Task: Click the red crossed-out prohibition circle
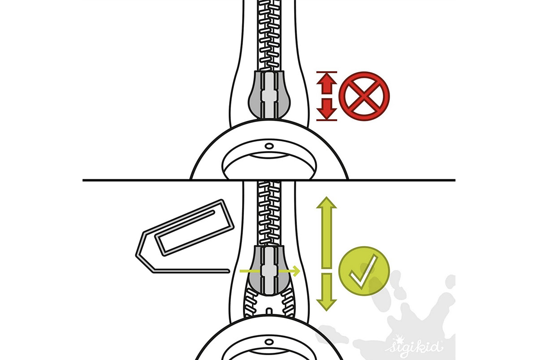click(364, 96)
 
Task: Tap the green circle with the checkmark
click(364, 271)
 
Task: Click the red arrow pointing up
click(327, 84)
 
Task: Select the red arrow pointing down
click(327, 108)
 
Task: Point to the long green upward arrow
click(327, 233)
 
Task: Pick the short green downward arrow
click(327, 292)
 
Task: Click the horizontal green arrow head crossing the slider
click(297, 271)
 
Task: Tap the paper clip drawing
click(185, 236)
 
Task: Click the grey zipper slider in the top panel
click(269, 95)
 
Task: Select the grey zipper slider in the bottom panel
click(269, 270)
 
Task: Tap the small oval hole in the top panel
click(269, 146)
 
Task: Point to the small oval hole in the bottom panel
click(269, 342)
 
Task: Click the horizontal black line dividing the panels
click(269, 180)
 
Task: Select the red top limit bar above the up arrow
click(327, 72)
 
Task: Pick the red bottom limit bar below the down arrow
click(327, 120)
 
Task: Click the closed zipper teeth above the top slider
click(269, 35)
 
